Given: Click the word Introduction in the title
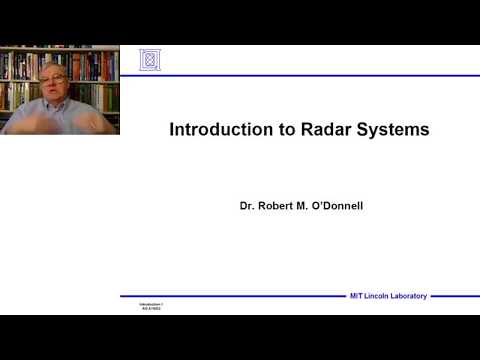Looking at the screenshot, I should click(210, 129).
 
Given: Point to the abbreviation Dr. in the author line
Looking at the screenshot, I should click(247, 205).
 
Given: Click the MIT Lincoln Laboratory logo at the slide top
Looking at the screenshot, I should click(150, 60).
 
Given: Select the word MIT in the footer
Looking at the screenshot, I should click(355, 296).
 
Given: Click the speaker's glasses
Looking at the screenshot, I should click(55, 79).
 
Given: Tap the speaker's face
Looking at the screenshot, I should click(55, 84).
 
